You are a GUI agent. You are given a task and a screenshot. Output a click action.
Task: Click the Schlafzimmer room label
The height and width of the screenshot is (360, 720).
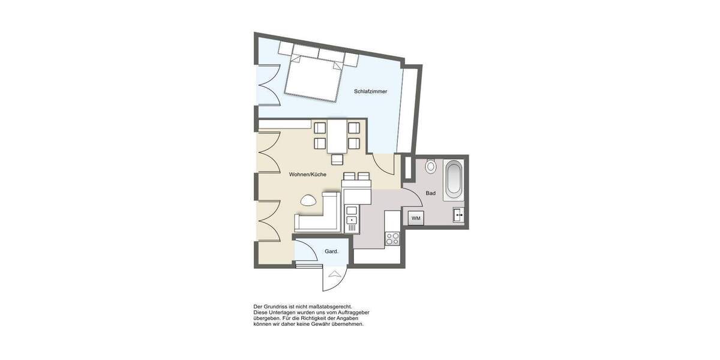click(x=370, y=92)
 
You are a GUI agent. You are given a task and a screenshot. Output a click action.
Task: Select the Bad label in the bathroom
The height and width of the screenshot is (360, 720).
click(x=430, y=193)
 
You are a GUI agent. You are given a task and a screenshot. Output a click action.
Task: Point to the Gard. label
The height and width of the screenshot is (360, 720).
click(x=331, y=251)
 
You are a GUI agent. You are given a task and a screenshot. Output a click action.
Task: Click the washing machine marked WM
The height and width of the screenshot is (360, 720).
click(x=416, y=218)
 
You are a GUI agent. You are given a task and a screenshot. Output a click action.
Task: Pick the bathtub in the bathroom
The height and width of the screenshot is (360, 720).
click(x=453, y=179)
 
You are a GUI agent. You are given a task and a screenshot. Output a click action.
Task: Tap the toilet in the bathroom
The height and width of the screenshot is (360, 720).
click(x=430, y=166)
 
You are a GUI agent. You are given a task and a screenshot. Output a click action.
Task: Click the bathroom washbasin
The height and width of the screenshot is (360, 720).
click(x=459, y=214)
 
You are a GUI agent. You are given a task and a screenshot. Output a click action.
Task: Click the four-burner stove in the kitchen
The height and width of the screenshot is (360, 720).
click(x=392, y=239)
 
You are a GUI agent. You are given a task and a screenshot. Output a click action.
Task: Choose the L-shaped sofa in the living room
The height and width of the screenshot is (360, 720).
click(x=318, y=216)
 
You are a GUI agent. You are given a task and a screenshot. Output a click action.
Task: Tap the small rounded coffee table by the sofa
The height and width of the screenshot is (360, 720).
click(x=309, y=200)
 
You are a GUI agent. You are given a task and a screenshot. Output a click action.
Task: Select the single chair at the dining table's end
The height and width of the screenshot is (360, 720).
click(x=337, y=159)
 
